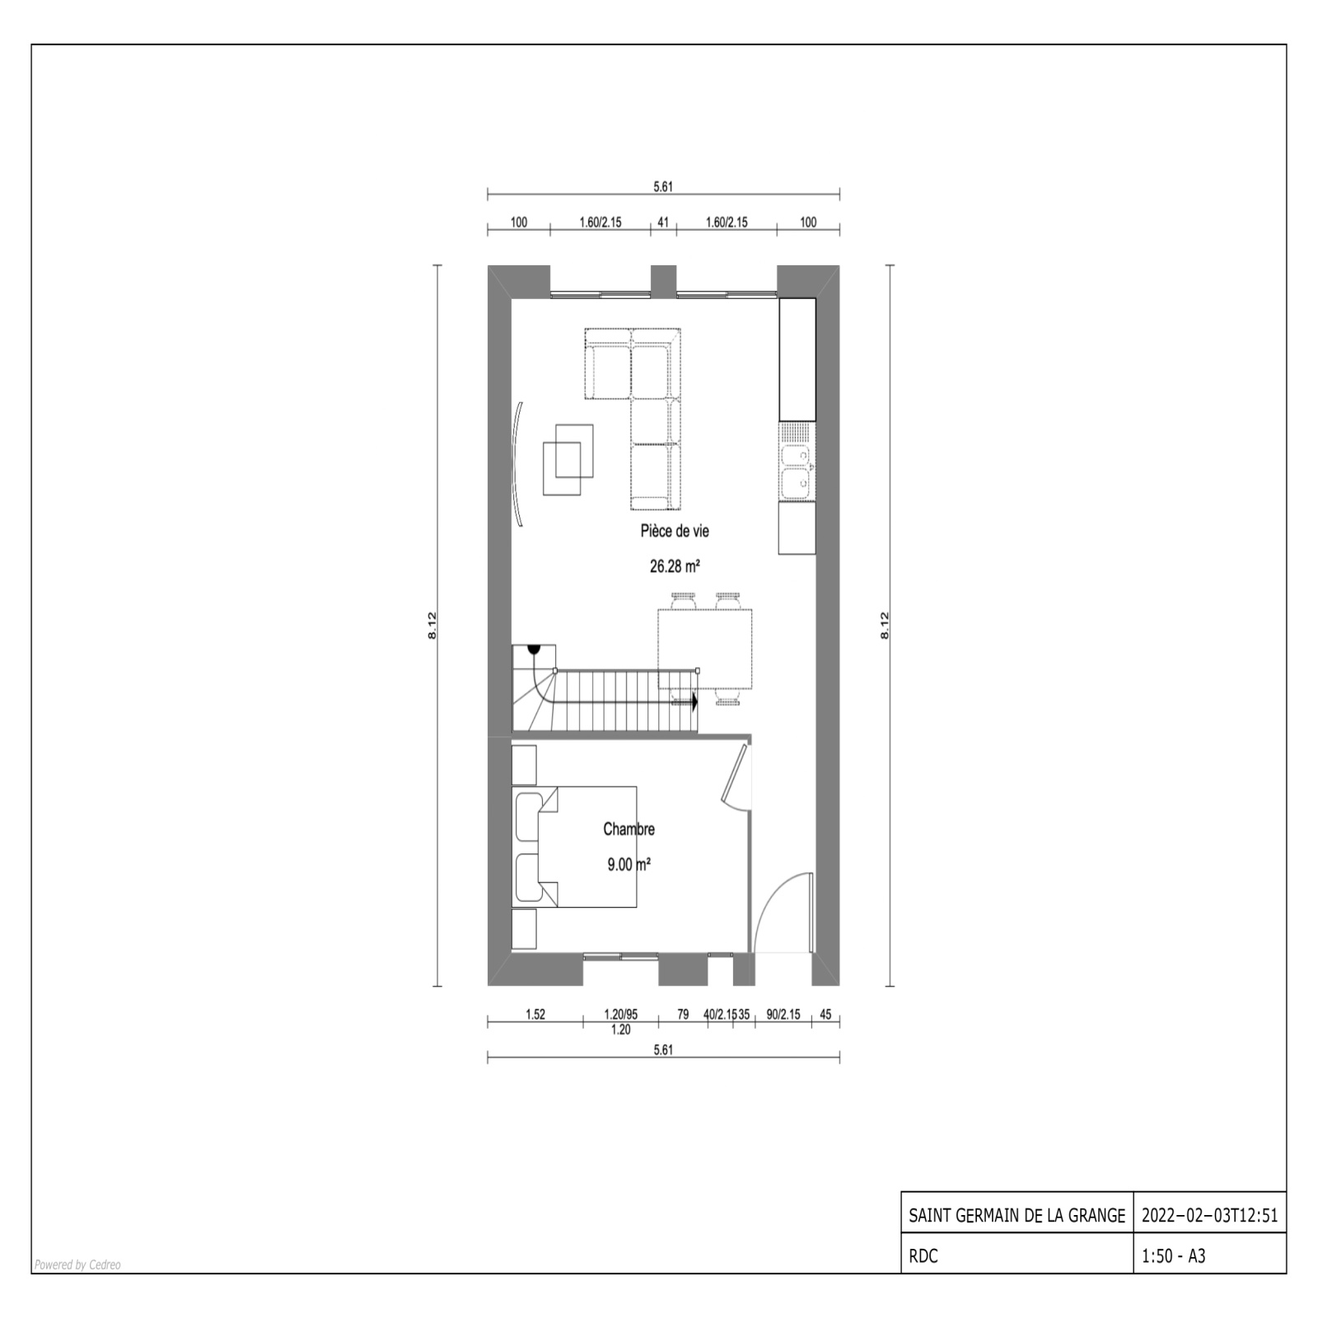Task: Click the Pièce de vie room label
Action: pos(675,531)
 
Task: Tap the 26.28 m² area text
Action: pos(675,566)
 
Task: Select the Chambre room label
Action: pos(629,829)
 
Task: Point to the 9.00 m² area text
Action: pos(629,864)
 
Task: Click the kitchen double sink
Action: pos(797,473)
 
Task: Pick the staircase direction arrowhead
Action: pos(694,703)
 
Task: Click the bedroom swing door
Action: pos(736,774)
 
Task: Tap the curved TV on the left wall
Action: pos(517,463)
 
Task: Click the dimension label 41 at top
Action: pos(662,222)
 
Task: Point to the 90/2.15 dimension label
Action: pos(783,1014)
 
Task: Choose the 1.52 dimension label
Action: pos(535,1014)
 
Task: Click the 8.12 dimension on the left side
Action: pos(432,626)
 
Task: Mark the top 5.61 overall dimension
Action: pos(663,186)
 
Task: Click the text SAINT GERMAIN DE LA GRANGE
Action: pos(1017,1215)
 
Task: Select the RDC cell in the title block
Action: pos(923,1256)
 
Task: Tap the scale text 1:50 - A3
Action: pos(1174,1256)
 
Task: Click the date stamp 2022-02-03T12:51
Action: pos(1210,1215)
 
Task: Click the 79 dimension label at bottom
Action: pos(683,1014)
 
